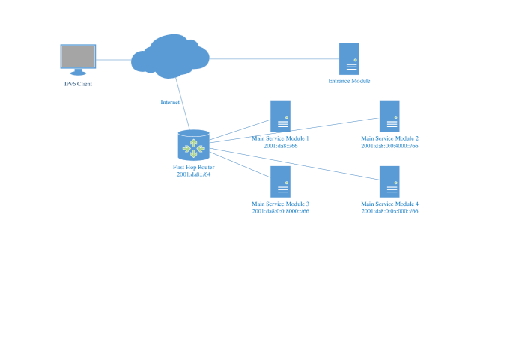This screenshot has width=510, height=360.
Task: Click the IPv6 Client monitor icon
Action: click(x=79, y=59)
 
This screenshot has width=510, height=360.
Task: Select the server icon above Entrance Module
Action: click(x=348, y=58)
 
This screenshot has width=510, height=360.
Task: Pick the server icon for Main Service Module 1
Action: click(x=280, y=116)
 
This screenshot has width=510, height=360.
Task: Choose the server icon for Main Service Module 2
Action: click(x=389, y=116)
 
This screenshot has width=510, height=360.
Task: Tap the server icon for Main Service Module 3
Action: click(x=280, y=181)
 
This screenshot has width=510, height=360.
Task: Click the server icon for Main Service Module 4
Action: click(x=389, y=181)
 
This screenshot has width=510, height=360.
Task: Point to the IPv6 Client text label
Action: click(x=79, y=84)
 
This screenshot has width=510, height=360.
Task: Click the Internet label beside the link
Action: click(x=170, y=102)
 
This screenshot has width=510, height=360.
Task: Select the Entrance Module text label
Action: click(x=349, y=81)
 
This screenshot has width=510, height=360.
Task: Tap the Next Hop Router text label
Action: click(x=193, y=168)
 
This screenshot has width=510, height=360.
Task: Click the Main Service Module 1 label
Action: click(x=280, y=138)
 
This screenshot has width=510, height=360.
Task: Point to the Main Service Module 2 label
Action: click(x=389, y=138)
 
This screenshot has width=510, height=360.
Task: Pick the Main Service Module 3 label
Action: click(x=280, y=204)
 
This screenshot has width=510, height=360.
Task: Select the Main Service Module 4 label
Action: click(x=389, y=204)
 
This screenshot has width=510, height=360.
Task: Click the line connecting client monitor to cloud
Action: click(x=114, y=59)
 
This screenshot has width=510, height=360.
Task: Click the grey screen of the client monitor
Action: click(x=79, y=56)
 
